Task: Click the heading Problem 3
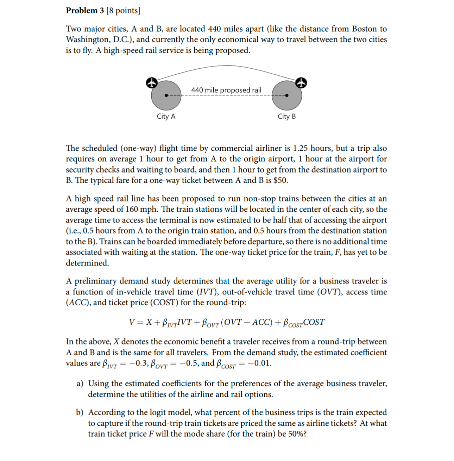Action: tap(84, 11)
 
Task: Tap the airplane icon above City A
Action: tap(151, 83)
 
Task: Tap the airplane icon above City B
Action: tap(301, 83)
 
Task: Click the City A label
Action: tap(166, 117)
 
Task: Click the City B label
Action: tap(286, 117)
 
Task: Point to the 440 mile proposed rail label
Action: tap(226, 90)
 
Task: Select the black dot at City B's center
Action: tap(286, 95)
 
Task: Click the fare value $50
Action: tap(280, 181)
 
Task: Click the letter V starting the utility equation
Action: tap(132, 322)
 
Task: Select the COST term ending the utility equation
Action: tap(314, 322)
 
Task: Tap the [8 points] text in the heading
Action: tap(123, 11)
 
